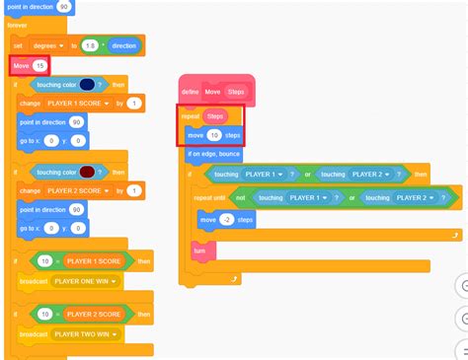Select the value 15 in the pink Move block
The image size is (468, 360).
[39, 65]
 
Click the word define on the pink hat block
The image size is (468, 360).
[191, 91]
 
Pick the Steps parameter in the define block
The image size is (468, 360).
[236, 91]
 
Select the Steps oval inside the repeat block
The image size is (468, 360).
[215, 115]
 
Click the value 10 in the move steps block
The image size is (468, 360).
[213, 134]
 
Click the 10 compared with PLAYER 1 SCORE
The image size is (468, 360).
[45, 261]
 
